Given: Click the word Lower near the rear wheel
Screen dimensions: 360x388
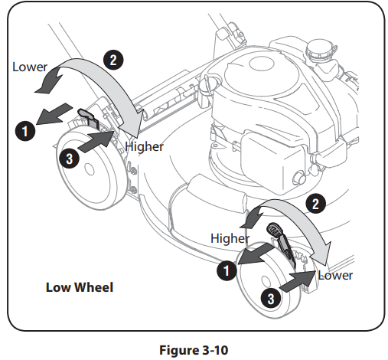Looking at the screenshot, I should pyautogui.click(x=30, y=67).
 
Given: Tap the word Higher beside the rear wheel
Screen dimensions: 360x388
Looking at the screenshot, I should pyautogui.click(x=145, y=146).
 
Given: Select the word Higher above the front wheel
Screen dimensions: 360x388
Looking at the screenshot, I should pyautogui.click(x=230, y=238).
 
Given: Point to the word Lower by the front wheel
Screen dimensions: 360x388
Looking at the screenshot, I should pyautogui.click(x=335, y=273).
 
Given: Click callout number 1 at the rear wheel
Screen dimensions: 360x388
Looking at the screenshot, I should pyautogui.click(x=25, y=130).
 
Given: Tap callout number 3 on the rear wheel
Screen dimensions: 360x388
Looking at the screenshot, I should pyautogui.click(x=69, y=159).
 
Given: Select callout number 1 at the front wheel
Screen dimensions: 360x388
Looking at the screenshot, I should pyautogui.click(x=224, y=269).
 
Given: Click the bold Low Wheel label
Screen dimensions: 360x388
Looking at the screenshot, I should pyautogui.click(x=80, y=288).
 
